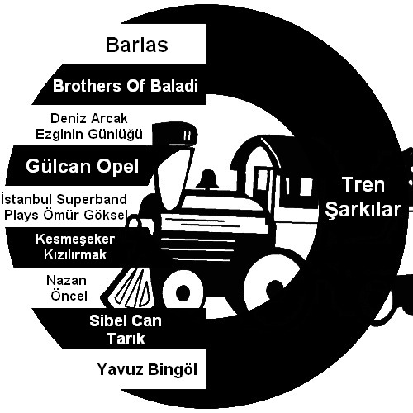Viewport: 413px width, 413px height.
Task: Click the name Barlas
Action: (137, 45)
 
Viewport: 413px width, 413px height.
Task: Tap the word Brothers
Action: (87, 86)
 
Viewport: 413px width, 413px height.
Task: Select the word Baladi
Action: (174, 86)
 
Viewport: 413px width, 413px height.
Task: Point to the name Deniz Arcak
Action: (89, 119)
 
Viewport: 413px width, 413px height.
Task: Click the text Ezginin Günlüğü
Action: (89, 135)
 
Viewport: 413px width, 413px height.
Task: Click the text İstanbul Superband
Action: (64, 199)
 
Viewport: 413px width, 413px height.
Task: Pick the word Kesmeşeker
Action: (75, 240)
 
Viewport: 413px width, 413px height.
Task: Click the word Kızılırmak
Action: (75, 254)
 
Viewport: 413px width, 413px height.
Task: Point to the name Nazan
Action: (66, 281)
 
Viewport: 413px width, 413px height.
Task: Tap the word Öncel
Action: (69, 296)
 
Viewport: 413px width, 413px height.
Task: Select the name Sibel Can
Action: (126, 321)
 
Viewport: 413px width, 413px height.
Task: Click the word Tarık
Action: (126, 339)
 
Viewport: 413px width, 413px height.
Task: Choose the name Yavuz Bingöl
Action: (147, 369)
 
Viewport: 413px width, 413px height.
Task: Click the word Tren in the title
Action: (363, 184)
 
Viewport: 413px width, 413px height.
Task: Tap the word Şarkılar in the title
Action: (363, 209)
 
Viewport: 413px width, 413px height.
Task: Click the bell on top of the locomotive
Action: (208, 179)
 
